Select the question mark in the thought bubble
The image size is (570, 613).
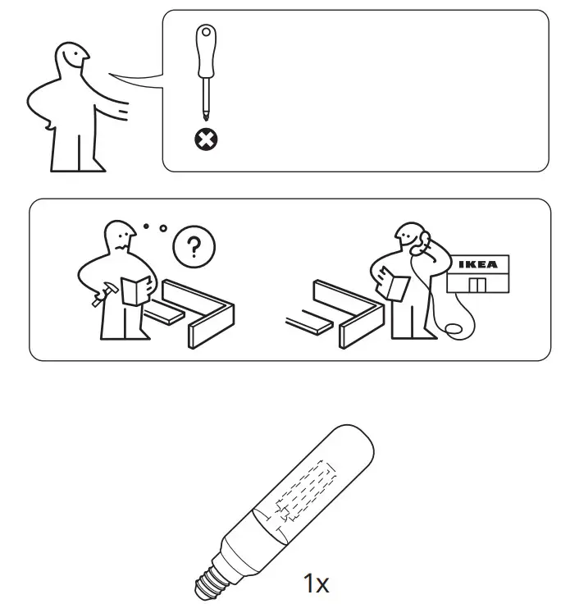194,246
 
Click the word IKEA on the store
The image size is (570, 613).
477,264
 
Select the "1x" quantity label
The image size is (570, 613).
316,584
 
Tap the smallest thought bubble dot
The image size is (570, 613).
146,224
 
